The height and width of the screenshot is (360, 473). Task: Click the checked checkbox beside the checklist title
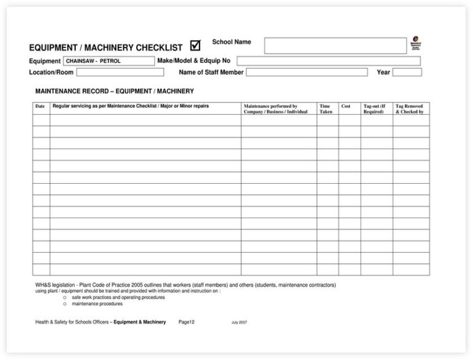tap(195, 45)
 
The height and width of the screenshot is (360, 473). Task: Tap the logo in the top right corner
tap(416, 43)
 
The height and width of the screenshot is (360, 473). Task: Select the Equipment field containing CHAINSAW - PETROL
tap(108, 61)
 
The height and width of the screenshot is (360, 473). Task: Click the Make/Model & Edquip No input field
tap(328, 61)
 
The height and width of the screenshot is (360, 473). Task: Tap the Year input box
tap(407, 72)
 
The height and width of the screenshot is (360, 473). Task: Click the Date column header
tap(41, 106)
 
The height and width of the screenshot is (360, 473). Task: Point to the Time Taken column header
tap(326, 109)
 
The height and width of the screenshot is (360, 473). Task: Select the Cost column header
tap(346, 106)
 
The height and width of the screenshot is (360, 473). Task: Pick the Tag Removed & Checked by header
tap(410, 109)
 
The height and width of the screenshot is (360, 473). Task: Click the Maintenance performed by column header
tap(275, 109)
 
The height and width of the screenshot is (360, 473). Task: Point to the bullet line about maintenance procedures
tap(97, 303)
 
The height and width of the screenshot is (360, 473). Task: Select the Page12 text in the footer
tap(187, 322)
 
